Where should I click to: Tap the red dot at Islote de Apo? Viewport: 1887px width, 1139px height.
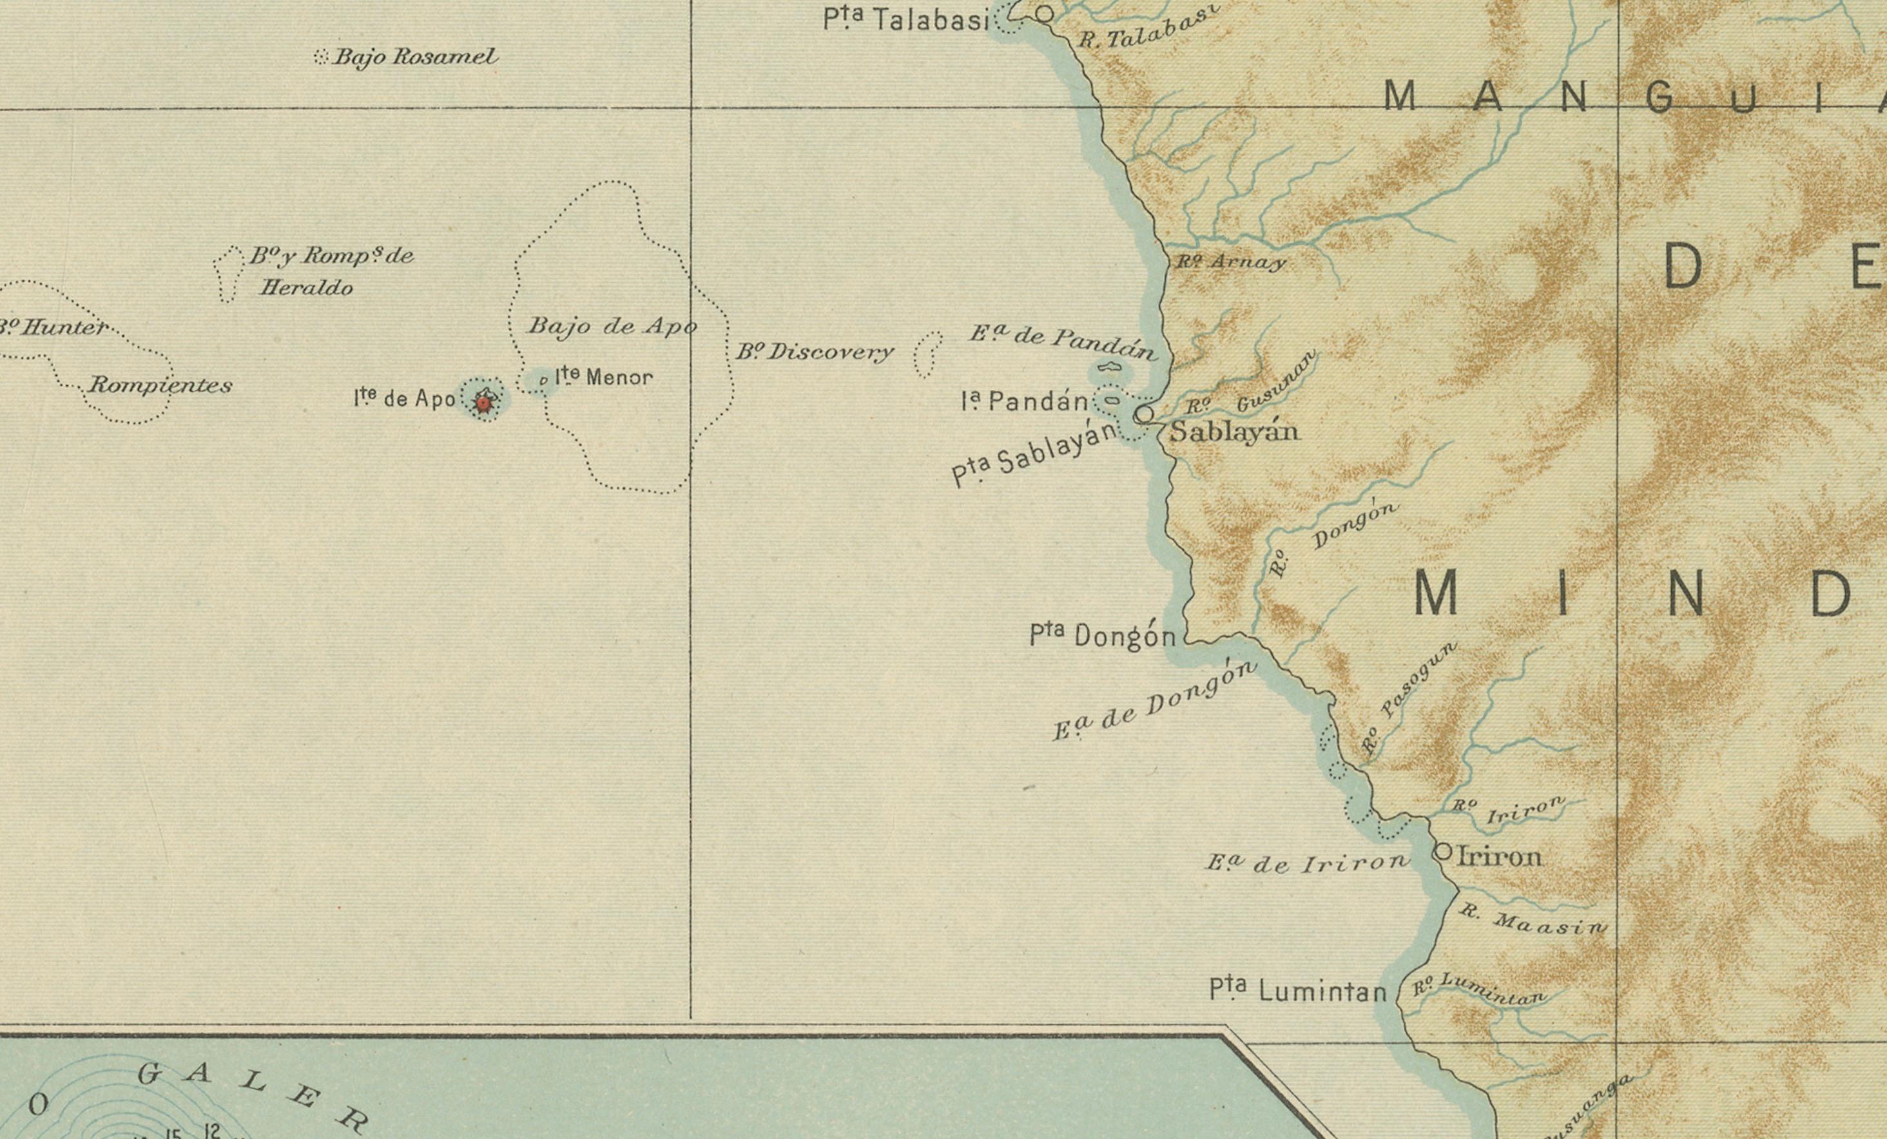484,402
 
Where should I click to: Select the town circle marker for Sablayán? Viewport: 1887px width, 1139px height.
1143,414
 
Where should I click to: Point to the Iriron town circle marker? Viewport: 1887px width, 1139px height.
1443,851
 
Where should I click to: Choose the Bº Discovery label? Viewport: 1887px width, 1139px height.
815,352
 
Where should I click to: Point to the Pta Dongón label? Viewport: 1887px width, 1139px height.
1103,635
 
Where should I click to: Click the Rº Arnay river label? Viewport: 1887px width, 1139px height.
1232,262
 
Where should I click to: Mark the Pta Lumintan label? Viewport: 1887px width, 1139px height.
1298,990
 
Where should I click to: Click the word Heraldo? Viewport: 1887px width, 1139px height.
306,289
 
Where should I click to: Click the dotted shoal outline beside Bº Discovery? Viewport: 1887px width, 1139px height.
928,354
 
